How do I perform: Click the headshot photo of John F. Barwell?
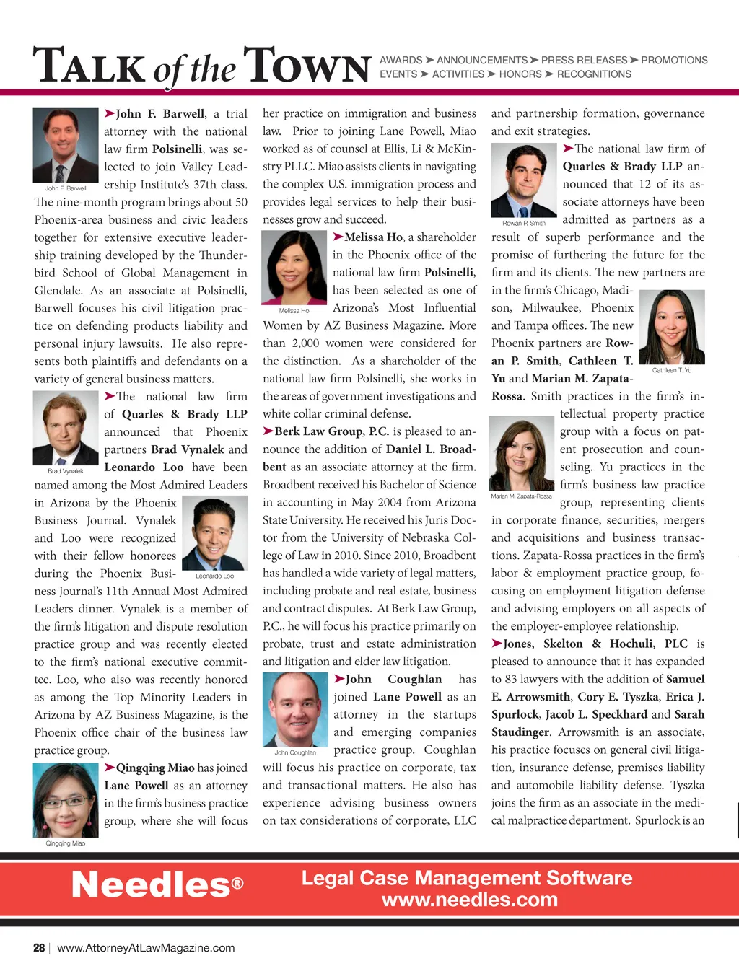[x=66, y=145]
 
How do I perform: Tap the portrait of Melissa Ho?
[x=294, y=267]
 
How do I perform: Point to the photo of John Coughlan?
[x=295, y=709]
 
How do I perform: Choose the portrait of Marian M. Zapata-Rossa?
[x=521, y=454]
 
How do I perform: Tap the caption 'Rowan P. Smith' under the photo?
[x=524, y=223]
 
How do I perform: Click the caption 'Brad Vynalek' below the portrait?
[x=66, y=471]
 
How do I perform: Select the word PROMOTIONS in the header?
[x=674, y=61]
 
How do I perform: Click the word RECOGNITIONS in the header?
[x=594, y=74]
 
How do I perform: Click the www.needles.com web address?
[x=469, y=900]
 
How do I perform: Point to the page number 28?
[x=39, y=948]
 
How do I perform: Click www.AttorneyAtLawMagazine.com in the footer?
[x=146, y=948]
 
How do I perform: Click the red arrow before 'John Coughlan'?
[x=338, y=678]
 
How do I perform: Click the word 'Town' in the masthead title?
[x=307, y=66]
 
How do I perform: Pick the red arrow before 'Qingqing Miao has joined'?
[x=110, y=768]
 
